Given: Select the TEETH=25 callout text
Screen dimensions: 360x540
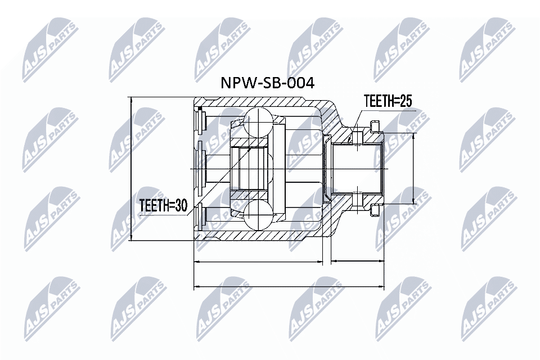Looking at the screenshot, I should click(388, 101).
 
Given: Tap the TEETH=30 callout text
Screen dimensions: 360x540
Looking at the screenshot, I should click(163, 206).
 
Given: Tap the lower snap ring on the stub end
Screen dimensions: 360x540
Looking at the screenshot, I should click(375, 210).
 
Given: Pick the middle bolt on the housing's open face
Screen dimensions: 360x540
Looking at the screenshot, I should click(200, 169).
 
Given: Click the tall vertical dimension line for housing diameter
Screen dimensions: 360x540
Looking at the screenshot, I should click(130, 169).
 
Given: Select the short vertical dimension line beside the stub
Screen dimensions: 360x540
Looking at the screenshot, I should click(415, 169).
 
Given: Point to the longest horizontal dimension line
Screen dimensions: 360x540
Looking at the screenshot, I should click(289, 287).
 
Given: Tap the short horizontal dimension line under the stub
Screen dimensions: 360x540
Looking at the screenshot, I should click(357, 262).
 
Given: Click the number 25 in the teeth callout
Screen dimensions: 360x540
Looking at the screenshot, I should click(406, 101).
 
